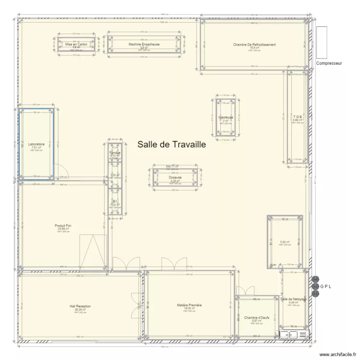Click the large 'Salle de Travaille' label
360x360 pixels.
coord(171,144)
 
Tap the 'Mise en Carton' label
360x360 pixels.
coord(76,44)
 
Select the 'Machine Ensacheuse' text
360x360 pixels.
coord(144,44)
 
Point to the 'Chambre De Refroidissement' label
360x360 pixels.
coord(254,45)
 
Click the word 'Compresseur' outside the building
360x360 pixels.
coord(329,63)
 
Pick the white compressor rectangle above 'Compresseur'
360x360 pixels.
coord(321,41)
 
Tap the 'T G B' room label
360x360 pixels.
coord(298,117)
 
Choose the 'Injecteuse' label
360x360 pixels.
coord(226,117)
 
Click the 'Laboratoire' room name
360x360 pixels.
coord(36,144)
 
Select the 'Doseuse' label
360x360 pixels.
coord(175,178)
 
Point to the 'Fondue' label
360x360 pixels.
coord(115,153)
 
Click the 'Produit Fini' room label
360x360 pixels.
coord(63,226)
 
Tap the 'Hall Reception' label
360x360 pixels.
coord(80,306)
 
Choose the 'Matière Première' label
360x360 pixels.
coord(190,305)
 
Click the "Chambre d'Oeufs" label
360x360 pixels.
coord(256,318)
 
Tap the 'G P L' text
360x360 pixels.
coord(325,287)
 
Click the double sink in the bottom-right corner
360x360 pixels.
coord(289,335)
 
